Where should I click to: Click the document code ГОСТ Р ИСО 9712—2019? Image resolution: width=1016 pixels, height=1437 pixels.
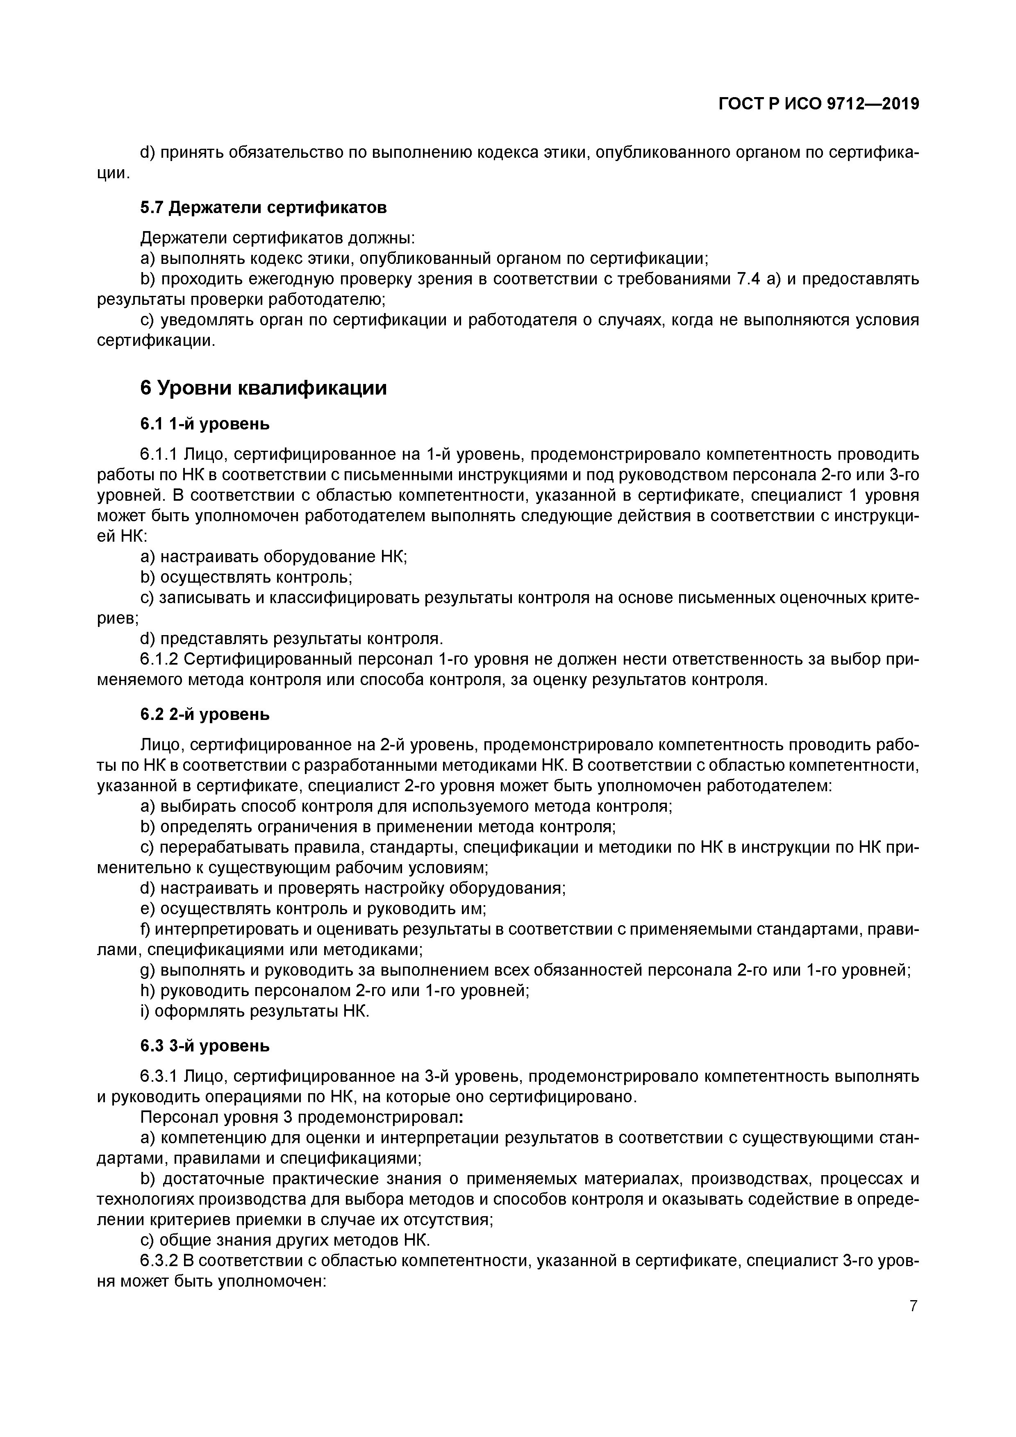[x=818, y=104]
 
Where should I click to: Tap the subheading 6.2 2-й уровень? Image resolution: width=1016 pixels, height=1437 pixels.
[x=205, y=714]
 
